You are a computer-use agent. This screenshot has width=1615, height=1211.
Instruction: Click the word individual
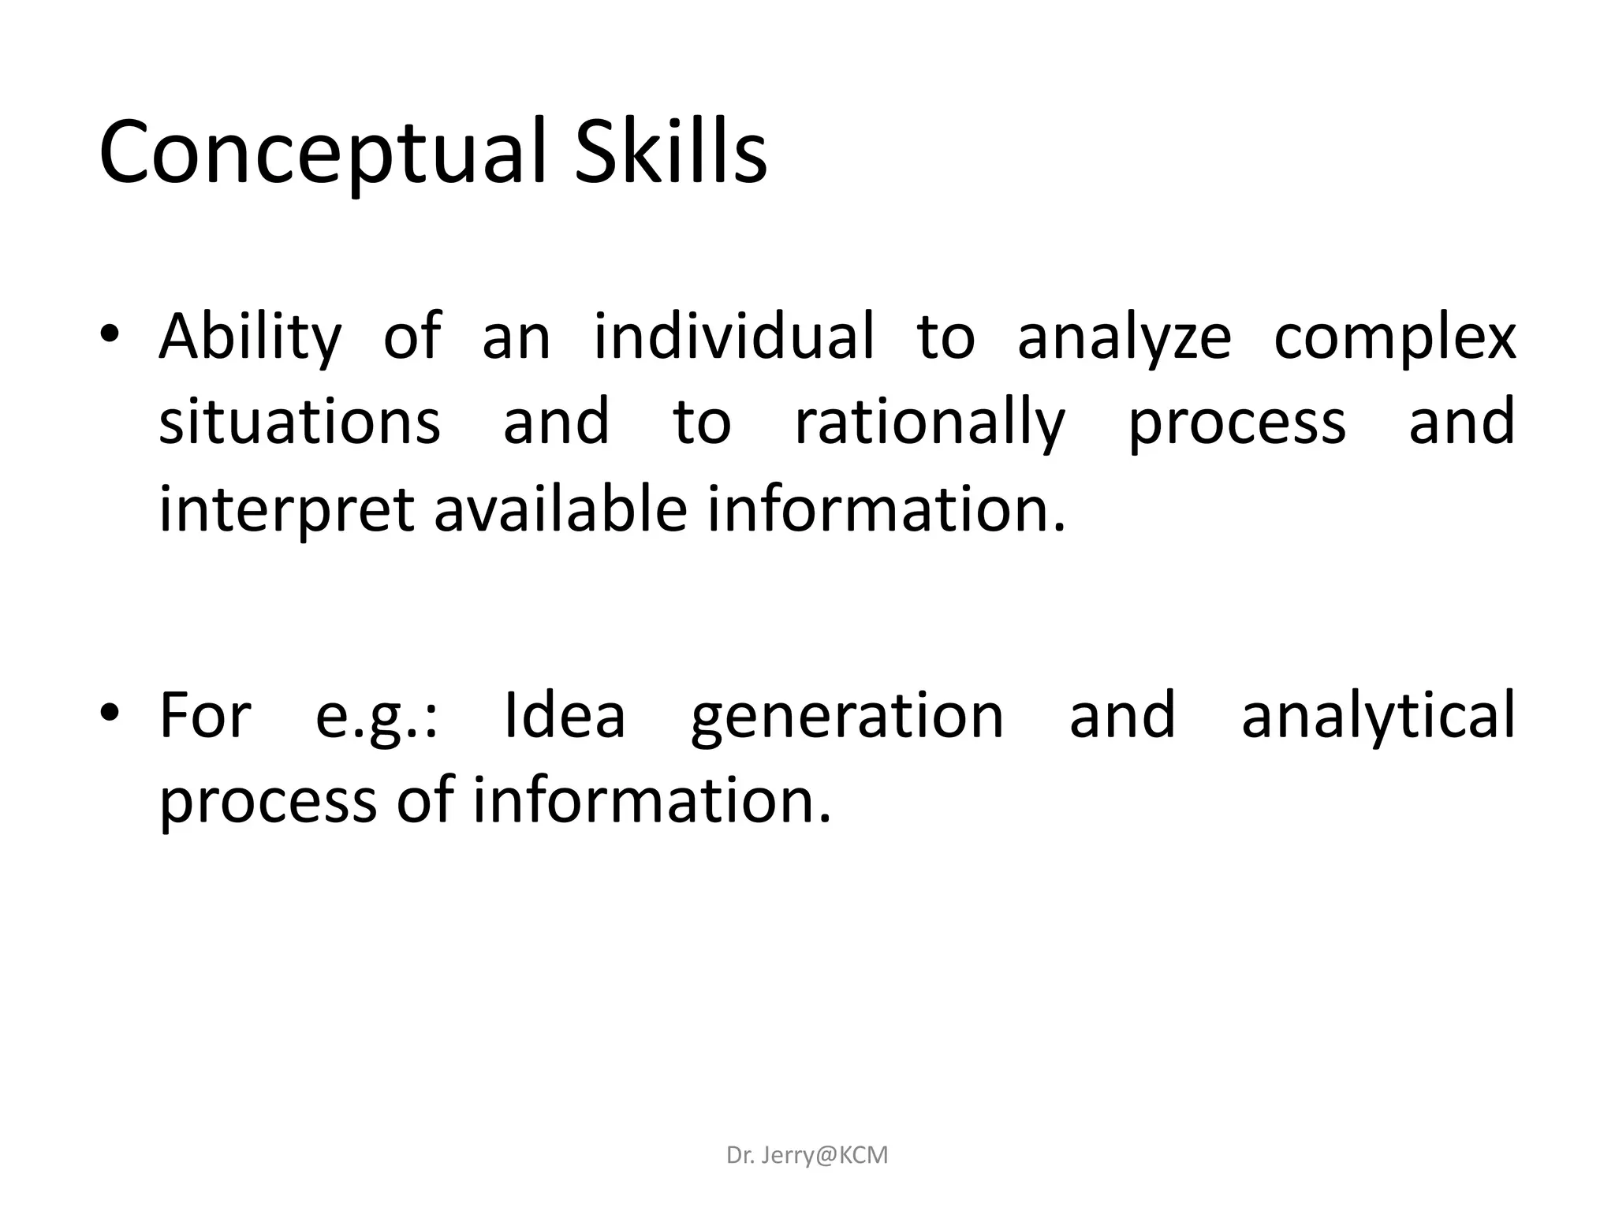[733, 336]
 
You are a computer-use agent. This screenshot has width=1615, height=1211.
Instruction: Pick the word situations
[300, 422]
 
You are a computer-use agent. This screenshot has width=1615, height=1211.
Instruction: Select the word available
[560, 509]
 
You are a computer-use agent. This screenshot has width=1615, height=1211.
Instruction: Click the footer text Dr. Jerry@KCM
[807, 1155]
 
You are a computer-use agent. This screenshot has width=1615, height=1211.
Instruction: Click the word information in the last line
[651, 800]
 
